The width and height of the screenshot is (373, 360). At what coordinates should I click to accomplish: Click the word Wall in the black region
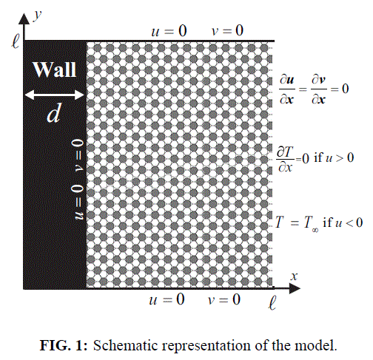55,69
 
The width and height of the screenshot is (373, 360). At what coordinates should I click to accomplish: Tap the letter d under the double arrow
54,114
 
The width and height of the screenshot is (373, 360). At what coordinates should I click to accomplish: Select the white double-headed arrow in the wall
55,95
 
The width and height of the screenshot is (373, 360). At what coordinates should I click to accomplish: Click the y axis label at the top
37,16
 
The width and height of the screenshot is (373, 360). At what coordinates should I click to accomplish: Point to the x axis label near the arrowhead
294,276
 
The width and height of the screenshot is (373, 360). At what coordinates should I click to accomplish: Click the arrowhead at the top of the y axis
24,18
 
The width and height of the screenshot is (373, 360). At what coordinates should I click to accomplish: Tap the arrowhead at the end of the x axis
295,288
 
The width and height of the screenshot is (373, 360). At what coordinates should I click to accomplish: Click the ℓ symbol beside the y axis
16,41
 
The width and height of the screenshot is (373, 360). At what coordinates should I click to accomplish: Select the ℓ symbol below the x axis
272,302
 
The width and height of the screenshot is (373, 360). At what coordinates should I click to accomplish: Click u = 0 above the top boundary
169,31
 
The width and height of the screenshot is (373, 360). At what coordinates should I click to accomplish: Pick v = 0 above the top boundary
228,31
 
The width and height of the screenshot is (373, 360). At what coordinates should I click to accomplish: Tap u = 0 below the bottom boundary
167,300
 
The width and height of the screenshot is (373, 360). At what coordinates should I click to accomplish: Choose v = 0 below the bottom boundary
224,300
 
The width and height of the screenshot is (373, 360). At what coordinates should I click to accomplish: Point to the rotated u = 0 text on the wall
78,202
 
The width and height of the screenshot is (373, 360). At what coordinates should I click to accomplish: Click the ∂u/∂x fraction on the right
287,89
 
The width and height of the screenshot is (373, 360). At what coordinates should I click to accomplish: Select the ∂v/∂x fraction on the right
319,89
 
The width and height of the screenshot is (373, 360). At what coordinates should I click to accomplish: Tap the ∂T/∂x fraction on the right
286,159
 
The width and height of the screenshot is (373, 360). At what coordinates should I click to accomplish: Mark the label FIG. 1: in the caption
64,345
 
